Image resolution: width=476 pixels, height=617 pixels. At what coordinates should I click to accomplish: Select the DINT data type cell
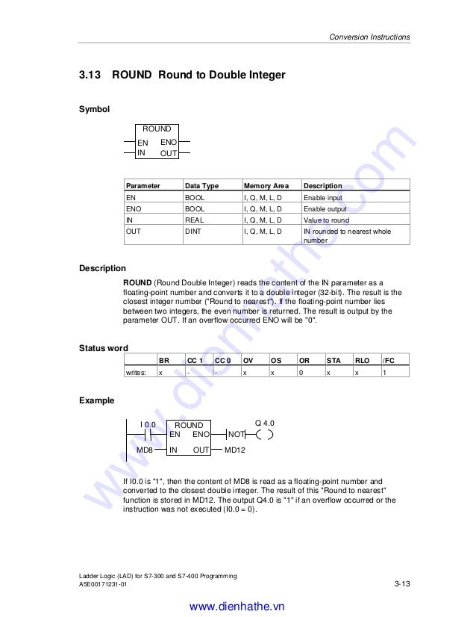tap(193, 232)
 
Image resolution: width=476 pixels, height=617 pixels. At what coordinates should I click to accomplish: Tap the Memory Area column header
tap(266, 185)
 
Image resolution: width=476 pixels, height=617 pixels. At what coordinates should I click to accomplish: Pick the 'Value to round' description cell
tap(326, 220)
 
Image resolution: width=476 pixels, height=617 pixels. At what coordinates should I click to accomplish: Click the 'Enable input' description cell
tap(322, 197)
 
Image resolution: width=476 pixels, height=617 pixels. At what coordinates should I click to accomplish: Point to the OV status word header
tap(248, 360)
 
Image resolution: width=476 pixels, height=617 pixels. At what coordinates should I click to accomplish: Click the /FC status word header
tap(388, 360)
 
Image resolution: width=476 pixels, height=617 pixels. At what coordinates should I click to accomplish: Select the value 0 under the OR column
tap(301, 371)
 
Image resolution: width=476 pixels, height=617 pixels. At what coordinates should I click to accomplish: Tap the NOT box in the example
tap(236, 434)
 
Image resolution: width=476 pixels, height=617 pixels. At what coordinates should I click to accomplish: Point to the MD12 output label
tap(235, 450)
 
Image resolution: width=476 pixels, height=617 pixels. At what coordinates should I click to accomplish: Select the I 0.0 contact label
tap(148, 424)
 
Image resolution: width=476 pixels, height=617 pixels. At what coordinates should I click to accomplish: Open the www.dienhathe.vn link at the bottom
tap(237, 607)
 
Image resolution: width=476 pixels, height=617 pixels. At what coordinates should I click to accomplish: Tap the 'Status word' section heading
tap(103, 348)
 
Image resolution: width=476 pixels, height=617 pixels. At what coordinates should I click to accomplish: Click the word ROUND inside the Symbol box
tap(157, 129)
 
